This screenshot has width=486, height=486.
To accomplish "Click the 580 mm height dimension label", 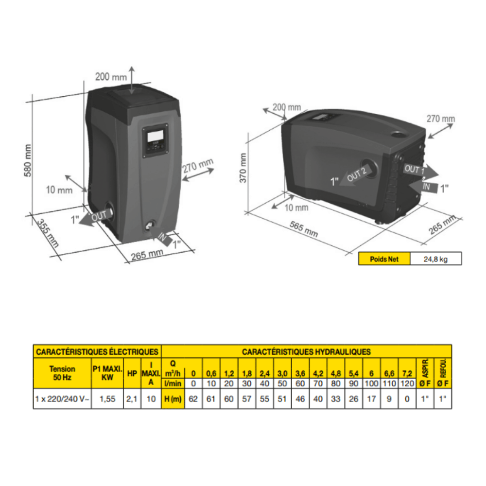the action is [28, 160].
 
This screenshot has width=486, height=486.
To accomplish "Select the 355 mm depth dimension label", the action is [48, 233].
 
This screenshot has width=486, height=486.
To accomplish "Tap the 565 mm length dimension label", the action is [304, 229].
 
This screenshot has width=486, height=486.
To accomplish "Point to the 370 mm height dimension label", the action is [243, 168].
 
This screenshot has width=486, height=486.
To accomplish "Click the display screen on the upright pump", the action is [156, 136].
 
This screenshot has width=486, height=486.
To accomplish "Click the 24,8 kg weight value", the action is [435, 259].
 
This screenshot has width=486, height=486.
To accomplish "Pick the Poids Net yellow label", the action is [384, 259].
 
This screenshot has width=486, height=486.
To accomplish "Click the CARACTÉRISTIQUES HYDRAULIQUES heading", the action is [306, 352].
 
